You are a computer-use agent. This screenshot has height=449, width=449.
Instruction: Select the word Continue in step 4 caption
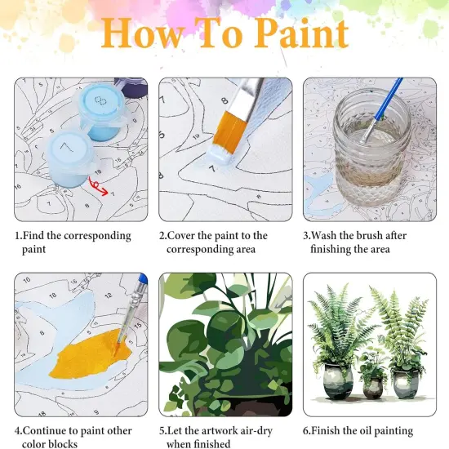pyautogui.click(x=51, y=431)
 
